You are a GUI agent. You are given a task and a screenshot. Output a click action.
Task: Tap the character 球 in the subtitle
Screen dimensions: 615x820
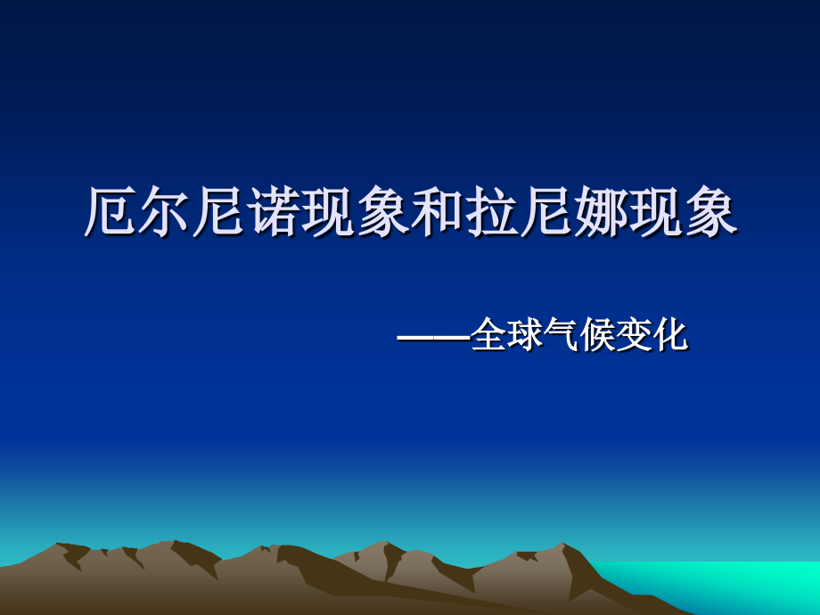[526, 336]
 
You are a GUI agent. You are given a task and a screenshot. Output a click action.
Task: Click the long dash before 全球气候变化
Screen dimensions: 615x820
[433, 338]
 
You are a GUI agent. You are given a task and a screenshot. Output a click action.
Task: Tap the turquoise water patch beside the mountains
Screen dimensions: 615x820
[749, 584]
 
